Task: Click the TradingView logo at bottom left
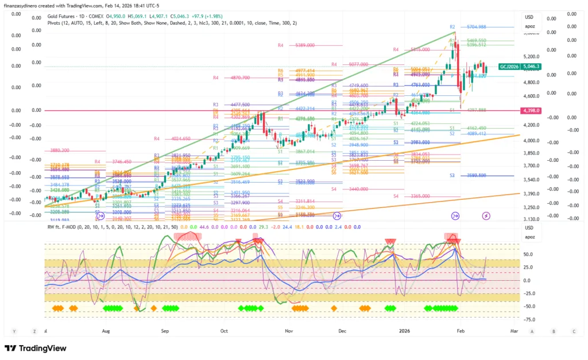36,348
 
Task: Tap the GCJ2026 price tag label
510,67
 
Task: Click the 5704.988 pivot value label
476,27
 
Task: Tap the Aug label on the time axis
106,331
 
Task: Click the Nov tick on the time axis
289,331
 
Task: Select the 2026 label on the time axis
405,331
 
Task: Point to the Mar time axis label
514,331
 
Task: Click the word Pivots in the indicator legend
56,24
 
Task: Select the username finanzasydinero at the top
25,5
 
